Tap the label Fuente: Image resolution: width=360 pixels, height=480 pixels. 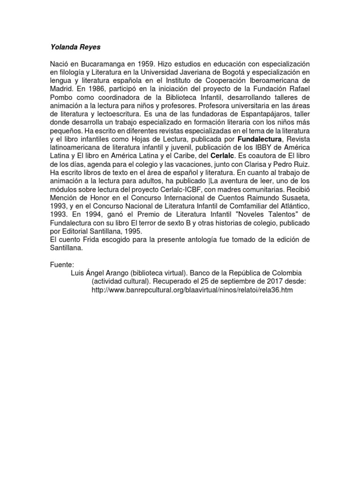(61, 265)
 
